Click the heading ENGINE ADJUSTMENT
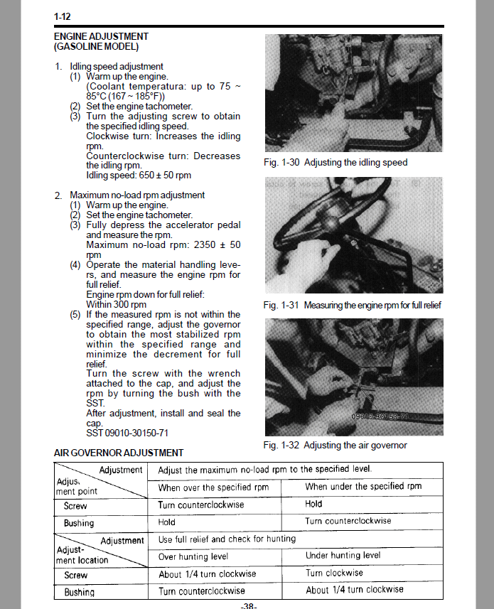coord(101,36)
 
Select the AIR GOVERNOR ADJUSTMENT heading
coord(118,453)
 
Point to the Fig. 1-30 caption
coord(335,163)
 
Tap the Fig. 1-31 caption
coord(352,305)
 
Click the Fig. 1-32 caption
coord(335,446)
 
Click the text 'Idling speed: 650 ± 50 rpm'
coord(138,175)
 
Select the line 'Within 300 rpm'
coord(116,304)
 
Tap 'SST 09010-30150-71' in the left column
coord(127,433)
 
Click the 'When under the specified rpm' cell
coord(363,487)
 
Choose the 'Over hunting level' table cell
coord(193,556)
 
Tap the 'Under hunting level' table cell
coord(343,556)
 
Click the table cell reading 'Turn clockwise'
coord(334,573)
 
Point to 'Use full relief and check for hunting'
coord(227,539)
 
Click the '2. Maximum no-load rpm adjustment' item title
coord(137,195)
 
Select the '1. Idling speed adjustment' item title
coord(117,66)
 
